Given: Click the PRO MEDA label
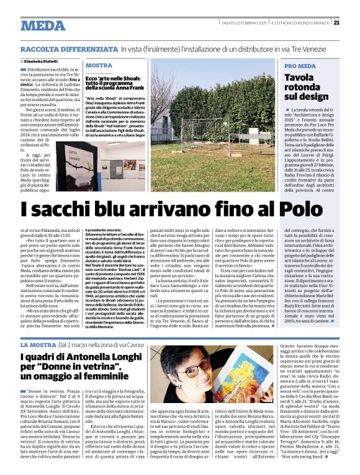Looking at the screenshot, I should (300, 66).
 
